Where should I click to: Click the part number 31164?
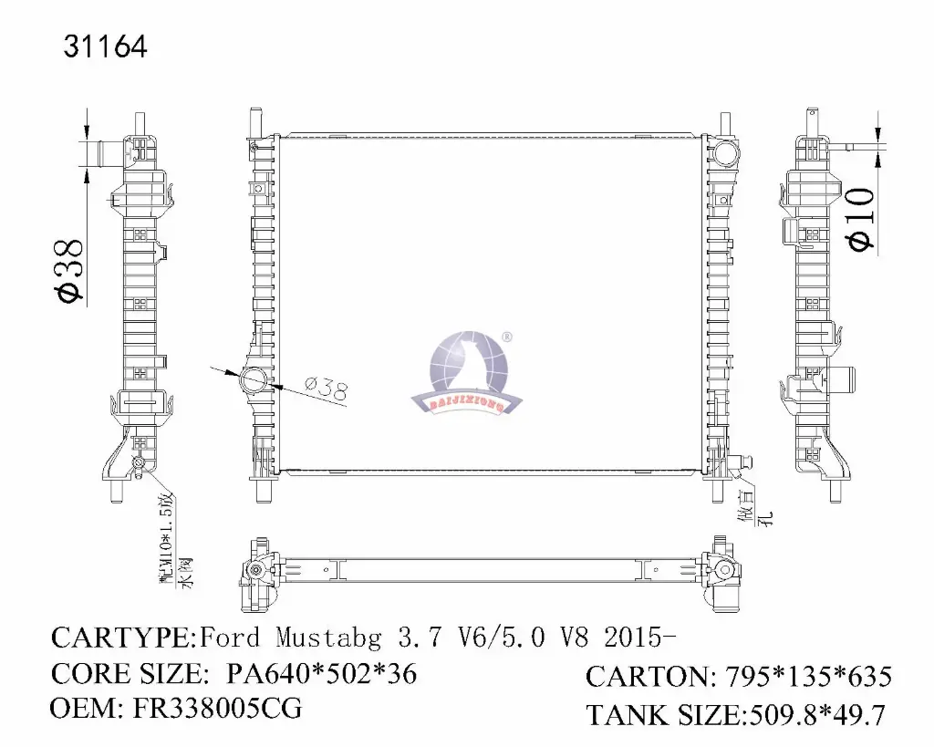click(105, 47)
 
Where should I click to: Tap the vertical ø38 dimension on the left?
click(69, 269)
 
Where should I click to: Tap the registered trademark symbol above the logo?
click(507, 336)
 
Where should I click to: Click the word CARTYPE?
click(123, 636)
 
